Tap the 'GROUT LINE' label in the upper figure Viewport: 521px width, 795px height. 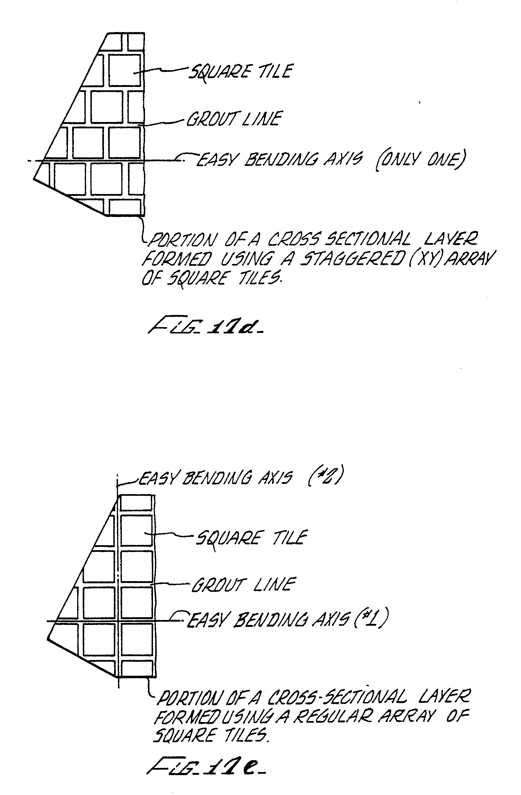[x=234, y=119]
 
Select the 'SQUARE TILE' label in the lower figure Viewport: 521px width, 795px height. [x=251, y=537]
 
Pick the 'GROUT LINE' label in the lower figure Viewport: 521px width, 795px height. [x=243, y=585]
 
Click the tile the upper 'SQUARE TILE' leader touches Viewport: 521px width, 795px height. [x=124, y=70]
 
